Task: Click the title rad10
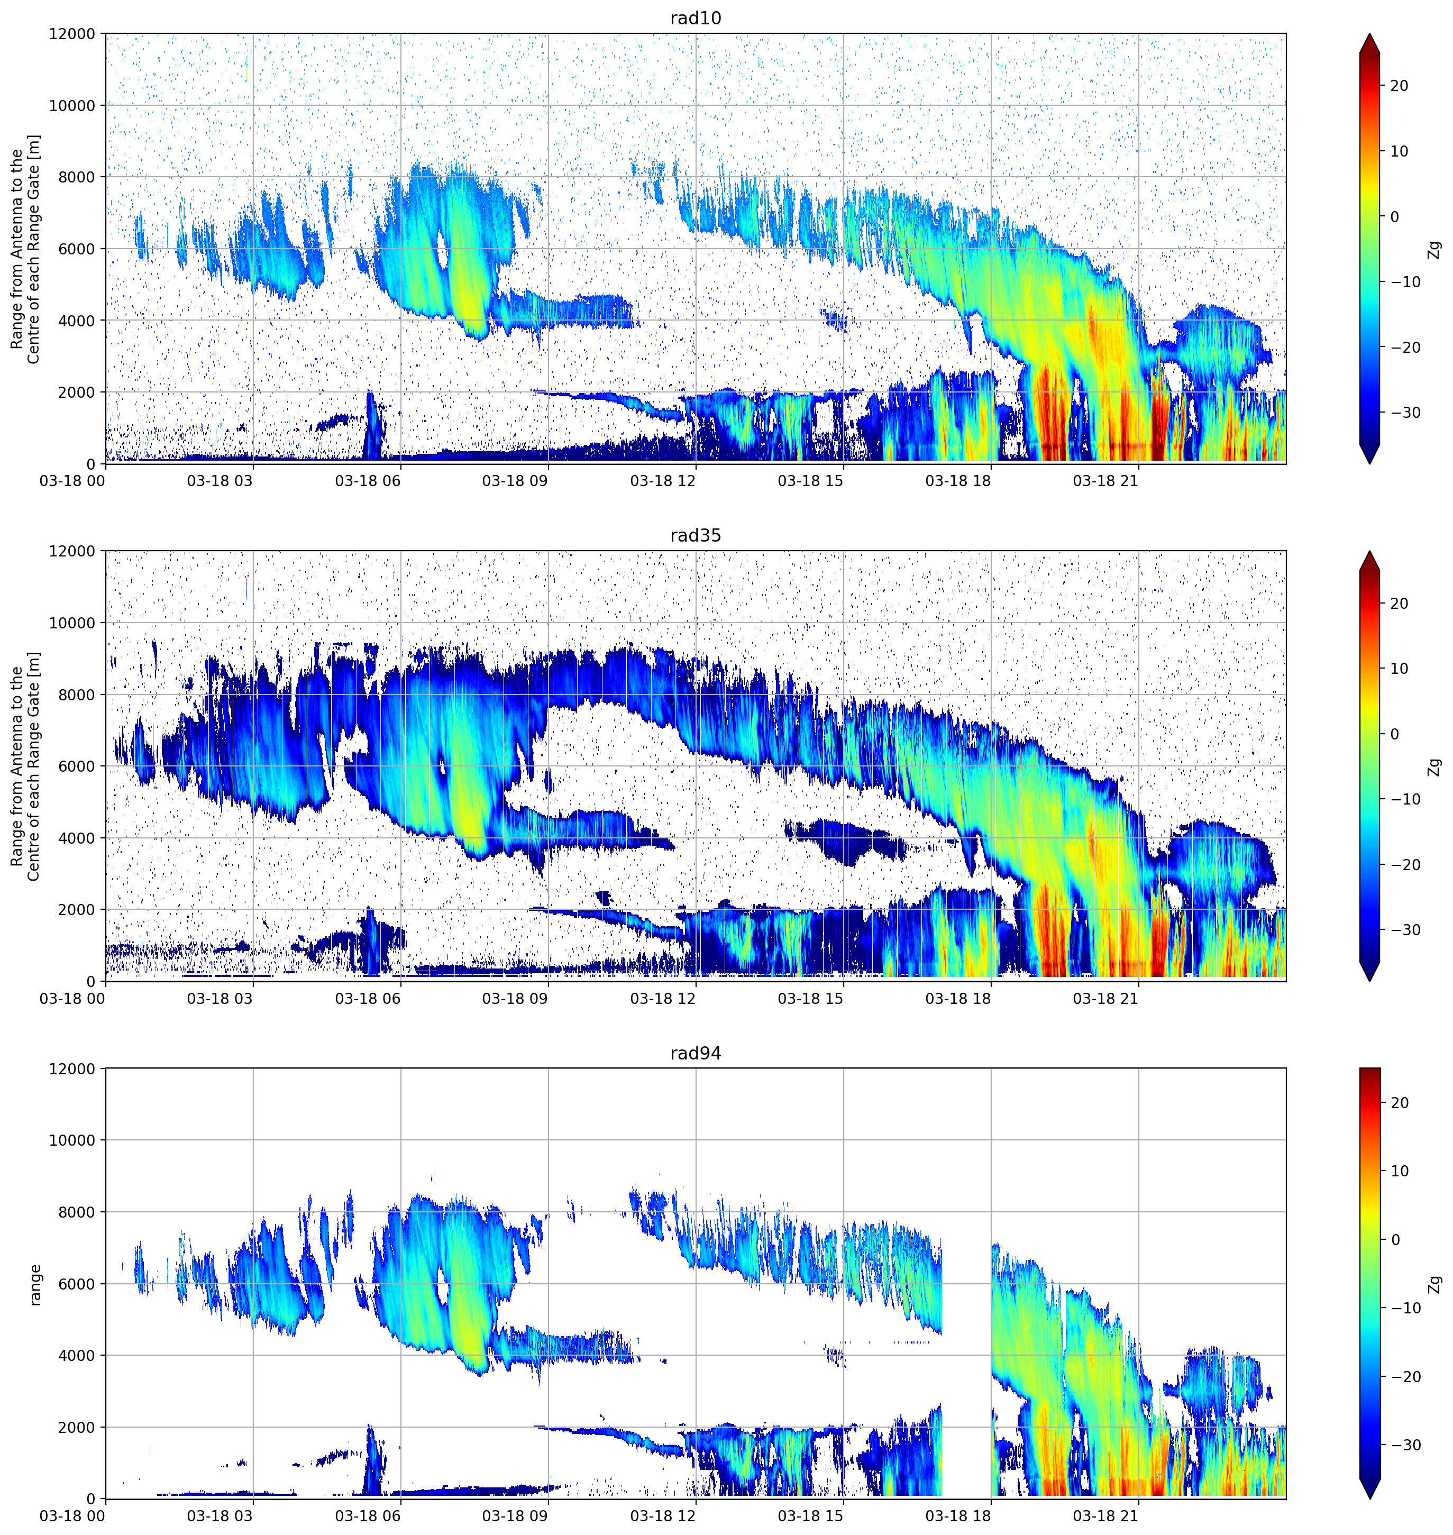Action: click(696, 18)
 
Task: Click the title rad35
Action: click(696, 535)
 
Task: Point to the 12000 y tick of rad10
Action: click(72, 34)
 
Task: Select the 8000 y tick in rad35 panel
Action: click(77, 695)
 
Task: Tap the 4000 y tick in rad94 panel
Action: click(77, 1355)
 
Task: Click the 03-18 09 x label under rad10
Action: click(515, 481)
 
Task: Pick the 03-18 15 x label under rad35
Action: click(810, 998)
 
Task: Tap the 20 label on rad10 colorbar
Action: click(1399, 86)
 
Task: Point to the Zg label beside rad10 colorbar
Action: click(1435, 249)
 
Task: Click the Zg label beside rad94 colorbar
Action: click(1435, 1284)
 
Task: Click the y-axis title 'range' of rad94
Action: click(35, 1284)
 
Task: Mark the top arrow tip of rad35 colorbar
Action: click(1369, 551)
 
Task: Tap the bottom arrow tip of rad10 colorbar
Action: click(1369, 464)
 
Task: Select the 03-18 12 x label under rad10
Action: click(662, 481)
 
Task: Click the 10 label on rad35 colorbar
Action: click(1399, 669)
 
